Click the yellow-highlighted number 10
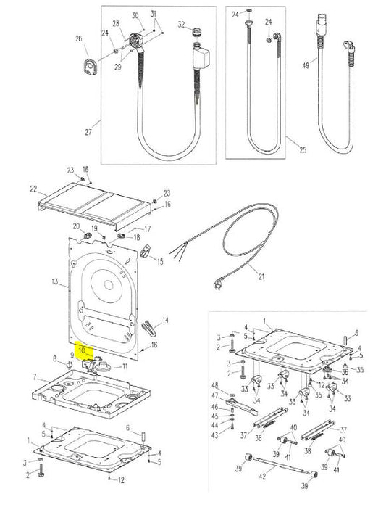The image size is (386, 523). pyautogui.click(x=82, y=350)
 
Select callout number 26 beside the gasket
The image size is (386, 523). pyautogui.click(x=78, y=38)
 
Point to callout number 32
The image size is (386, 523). pyautogui.click(x=181, y=25)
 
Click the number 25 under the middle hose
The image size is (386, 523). pyautogui.click(x=302, y=149)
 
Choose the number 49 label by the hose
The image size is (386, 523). pyautogui.click(x=305, y=65)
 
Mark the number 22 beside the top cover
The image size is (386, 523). pyautogui.click(x=33, y=189)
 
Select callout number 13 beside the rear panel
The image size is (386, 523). pyautogui.click(x=54, y=281)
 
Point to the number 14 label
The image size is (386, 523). pyautogui.click(x=165, y=320)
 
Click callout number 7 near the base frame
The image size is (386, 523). pyautogui.click(x=33, y=376)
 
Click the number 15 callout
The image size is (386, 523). pyautogui.click(x=160, y=260)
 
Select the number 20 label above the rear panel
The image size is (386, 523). pyautogui.click(x=75, y=227)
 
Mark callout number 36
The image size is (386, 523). pyautogui.click(x=345, y=373)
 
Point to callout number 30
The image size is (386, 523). pyautogui.click(x=135, y=15)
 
